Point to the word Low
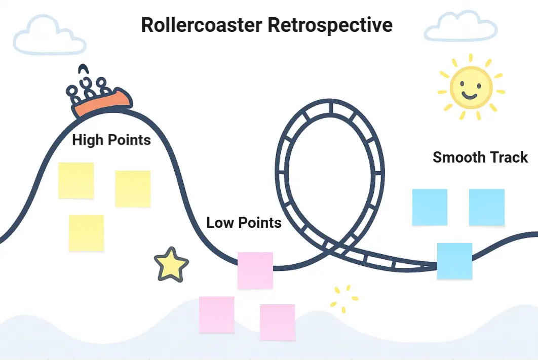pyautogui.click(x=220, y=222)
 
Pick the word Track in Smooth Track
pyautogui.click(x=508, y=157)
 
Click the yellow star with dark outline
pyautogui.click(x=171, y=265)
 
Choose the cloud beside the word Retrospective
pyautogui.click(x=460, y=28)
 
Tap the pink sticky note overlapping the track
pyautogui.click(x=255, y=270)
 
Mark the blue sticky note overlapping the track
pyautogui.click(x=454, y=261)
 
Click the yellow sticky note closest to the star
pyautogui.click(x=86, y=232)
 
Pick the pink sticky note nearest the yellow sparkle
pyautogui.click(x=277, y=322)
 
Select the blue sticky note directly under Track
pyautogui.click(x=487, y=207)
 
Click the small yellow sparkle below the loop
pyautogui.click(x=344, y=298)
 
